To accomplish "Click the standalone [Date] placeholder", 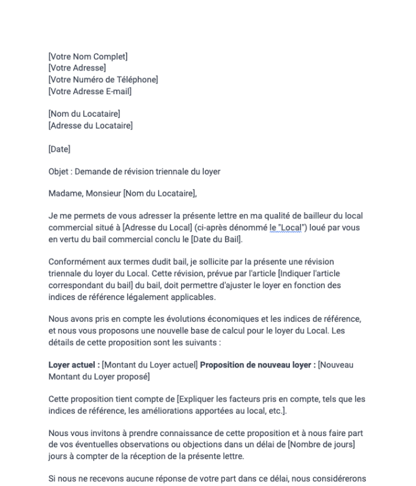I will pyautogui.click(x=59, y=148).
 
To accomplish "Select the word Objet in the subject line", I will pyautogui.click(x=59, y=171).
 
